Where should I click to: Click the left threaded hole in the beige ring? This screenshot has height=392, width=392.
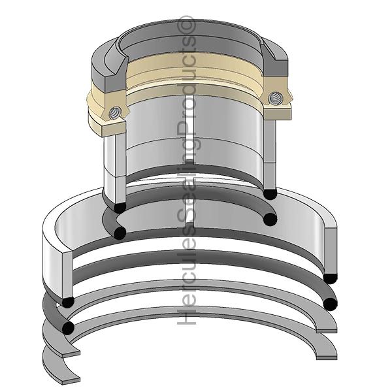point(116,112)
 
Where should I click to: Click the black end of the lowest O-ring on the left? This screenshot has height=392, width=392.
point(67,327)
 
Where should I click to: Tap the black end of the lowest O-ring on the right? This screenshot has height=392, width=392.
point(330,303)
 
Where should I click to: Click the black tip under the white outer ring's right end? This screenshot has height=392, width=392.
point(330,278)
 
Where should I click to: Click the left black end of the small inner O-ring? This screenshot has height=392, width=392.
point(119,233)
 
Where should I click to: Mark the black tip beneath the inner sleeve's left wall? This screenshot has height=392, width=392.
point(119,208)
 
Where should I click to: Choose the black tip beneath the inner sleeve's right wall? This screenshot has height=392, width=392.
point(269,194)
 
